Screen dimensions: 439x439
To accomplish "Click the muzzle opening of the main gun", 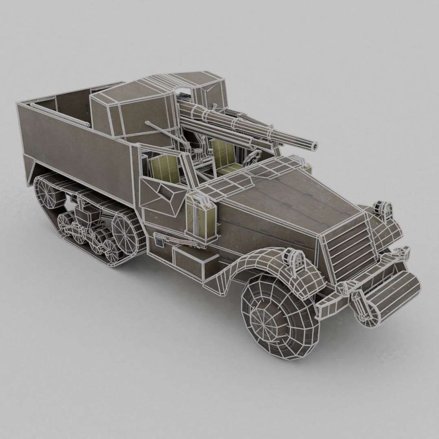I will (x=314, y=145).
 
